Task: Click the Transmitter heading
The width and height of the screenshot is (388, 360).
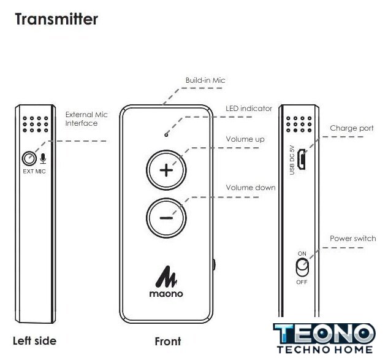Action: tap(56, 19)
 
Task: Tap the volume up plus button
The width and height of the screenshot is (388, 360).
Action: tap(166, 170)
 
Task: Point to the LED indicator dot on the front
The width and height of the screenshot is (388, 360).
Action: tap(166, 132)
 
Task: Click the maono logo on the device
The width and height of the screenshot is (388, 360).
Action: tap(166, 283)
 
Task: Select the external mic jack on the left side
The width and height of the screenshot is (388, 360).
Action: tap(28, 159)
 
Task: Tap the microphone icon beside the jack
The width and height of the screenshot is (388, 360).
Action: tap(42, 159)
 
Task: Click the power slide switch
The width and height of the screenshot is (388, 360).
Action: tap(301, 268)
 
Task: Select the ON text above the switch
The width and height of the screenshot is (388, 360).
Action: tap(302, 253)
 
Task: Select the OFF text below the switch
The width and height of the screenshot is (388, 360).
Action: tap(302, 282)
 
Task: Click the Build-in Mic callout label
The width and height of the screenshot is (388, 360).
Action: tap(205, 80)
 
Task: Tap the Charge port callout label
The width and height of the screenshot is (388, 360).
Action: tap(351, 128)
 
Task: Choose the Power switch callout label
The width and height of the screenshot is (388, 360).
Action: tap(352, 239)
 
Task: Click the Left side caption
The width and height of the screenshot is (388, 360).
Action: tap(34, 341)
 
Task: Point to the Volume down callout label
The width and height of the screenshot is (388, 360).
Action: tap(251, 188)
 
